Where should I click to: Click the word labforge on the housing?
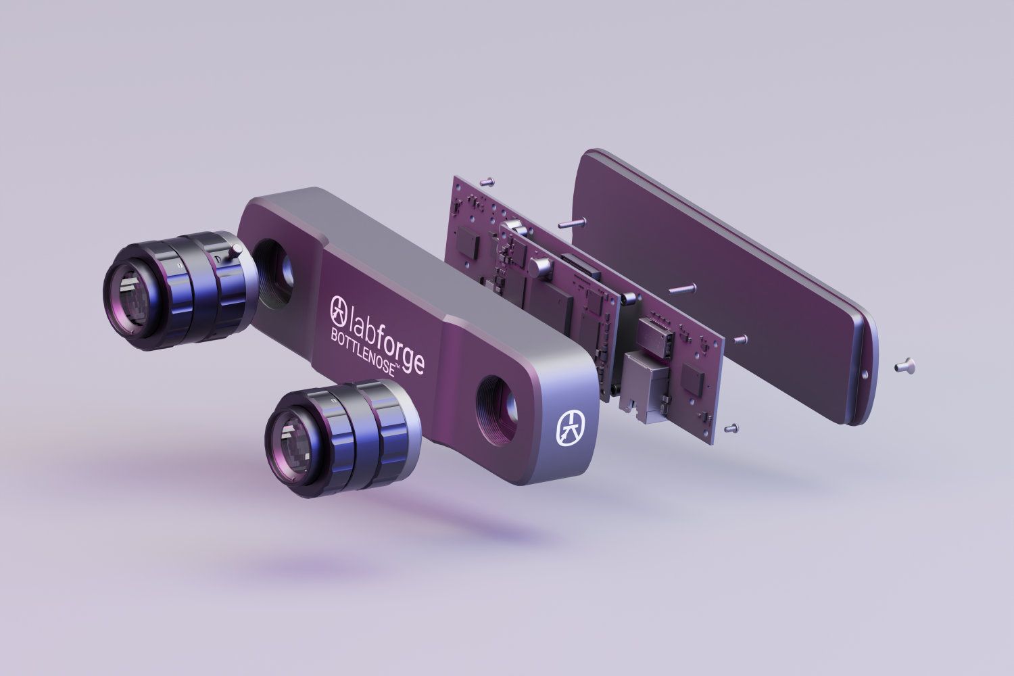click(x=387, y=337)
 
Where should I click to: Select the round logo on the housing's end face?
click(x=571, y=427)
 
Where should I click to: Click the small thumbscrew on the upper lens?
click(x=235, y=250)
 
